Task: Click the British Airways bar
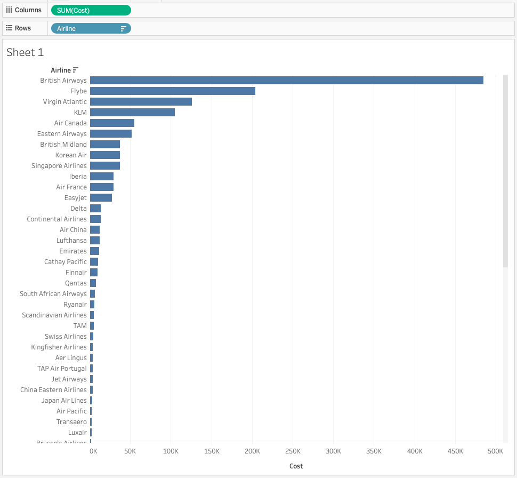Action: (x=286, y=81)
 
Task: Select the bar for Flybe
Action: (x=172, y=91)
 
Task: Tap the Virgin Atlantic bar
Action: (x=141, y=102)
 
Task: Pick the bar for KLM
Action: (x=132, y=113)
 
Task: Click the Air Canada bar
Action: (x=112, y=123)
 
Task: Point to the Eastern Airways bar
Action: (x=110, y=134)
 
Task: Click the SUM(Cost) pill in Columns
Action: (x=91, y=10)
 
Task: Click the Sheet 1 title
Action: (x=25, y=52)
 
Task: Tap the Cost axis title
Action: (x=296, y=466)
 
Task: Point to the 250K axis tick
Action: (x=293, y=451)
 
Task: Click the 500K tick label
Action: (x=495, y=451)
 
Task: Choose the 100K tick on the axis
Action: (x=171, y=451)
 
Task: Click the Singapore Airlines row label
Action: (x=59, y=166)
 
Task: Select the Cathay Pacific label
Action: (x=65, y=262)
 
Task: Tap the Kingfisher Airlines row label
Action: (x=59, y=347)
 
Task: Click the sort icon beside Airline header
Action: (x=76, y=70)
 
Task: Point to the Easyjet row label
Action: (x=75, y=198)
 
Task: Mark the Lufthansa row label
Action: (x=71, y=241)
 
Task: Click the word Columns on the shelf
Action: (x=28, y=10)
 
